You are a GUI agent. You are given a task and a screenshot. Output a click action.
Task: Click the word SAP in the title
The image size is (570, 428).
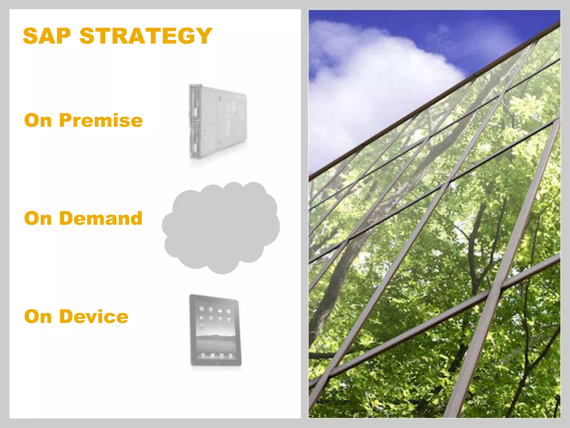click(47, 36)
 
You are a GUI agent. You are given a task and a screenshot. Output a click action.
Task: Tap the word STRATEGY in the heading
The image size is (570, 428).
click(146, 36)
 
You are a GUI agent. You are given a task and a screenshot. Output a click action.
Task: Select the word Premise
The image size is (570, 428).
click(101, 120)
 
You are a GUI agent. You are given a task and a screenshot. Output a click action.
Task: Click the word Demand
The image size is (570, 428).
click(101, 218)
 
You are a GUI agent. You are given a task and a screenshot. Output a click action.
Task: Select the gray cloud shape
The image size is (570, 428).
click(221, 228)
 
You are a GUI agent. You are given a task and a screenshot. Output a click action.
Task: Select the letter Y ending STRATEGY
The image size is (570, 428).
click(205, 36)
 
